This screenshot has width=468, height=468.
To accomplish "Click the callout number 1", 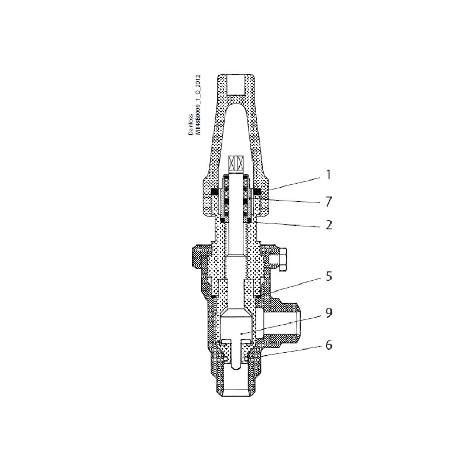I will coord(328,174).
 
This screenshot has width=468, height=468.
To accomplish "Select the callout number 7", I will coord(329,202).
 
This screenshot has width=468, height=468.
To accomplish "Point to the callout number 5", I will coord(329,276).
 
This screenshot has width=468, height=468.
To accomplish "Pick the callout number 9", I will coord(329,313).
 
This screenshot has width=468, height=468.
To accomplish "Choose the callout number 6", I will coord(329,345).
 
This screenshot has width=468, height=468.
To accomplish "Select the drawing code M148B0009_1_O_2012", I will coord(199,105).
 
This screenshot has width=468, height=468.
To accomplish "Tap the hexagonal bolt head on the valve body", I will coord(279,259).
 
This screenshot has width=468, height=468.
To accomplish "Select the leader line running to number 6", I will coord(290,350).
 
